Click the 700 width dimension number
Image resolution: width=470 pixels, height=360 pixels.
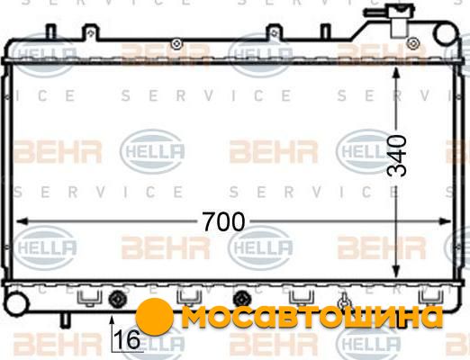point(223,222)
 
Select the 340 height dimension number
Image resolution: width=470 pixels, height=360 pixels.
point(397,156)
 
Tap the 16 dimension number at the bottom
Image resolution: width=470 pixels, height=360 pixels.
point(127,339)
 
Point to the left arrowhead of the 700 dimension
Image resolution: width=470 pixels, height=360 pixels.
point(23,221)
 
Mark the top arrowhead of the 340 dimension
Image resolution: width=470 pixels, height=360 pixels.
point(396,74)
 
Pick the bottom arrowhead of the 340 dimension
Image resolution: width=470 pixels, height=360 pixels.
point(396,272)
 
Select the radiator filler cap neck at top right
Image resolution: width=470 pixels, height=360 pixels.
point(400,21)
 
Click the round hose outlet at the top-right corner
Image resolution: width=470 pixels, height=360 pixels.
point(446,33)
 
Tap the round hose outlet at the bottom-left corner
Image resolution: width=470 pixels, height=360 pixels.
point(16,303)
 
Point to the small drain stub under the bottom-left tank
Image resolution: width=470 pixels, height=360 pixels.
point(65,320)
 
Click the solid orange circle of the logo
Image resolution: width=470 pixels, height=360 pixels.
point(154,317)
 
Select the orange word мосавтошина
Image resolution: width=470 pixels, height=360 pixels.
point(312,317)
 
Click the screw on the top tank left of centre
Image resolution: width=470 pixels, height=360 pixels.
point(176,44)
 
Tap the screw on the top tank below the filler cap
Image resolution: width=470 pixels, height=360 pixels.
point(413,42)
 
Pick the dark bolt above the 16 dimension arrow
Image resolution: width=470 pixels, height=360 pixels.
point(117,300)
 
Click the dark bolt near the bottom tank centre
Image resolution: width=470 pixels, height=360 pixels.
point(242,299)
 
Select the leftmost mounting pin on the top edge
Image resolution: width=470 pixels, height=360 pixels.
point(51,31)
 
